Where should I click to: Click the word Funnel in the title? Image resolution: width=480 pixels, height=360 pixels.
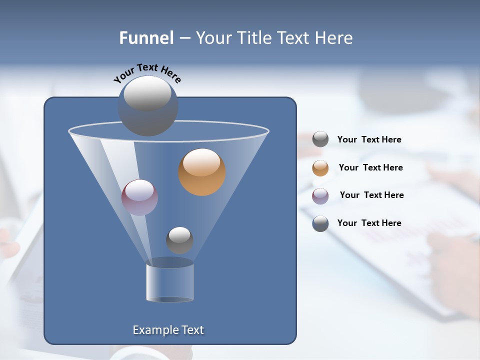click(146, 38)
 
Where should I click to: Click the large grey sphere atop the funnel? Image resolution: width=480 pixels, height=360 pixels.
click(147, 105)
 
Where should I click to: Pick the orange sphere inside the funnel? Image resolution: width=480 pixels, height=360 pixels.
click(202, 171)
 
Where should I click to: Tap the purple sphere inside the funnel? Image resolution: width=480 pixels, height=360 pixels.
click(139, 197)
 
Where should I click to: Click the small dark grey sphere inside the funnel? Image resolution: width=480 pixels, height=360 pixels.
click(179, 240)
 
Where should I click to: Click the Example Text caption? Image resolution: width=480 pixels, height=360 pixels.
click(168, 330)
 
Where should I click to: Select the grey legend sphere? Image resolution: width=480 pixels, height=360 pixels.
click(320, 139)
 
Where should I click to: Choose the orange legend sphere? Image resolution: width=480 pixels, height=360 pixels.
click(320, 168)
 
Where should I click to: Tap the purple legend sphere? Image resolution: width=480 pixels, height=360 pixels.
click(320, 195)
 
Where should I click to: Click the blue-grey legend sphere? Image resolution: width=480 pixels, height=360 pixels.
click(320, 223)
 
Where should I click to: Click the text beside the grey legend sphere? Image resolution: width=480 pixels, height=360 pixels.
click(369, 140)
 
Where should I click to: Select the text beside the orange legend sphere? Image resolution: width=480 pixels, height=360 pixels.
click(370, 168)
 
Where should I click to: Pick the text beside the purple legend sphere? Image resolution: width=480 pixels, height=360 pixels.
click(371, 195)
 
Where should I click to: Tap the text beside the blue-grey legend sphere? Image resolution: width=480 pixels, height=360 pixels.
click(369, 223)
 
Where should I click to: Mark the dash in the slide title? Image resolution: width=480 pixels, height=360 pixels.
click(184, 38)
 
